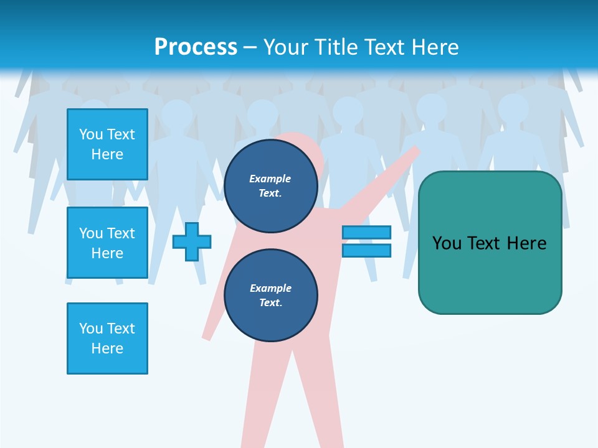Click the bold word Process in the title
196,47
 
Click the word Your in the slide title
287,47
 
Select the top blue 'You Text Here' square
107,144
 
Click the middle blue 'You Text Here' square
107,243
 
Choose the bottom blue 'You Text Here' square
107,338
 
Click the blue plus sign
192,241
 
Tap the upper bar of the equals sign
366,232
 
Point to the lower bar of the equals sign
366,251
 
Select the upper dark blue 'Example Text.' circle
270,186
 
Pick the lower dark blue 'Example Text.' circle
270,296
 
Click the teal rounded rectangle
490,274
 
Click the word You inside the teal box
447,243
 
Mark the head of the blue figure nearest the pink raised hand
432,109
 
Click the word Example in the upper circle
270,179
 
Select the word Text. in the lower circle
270,303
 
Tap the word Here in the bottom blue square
107,348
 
